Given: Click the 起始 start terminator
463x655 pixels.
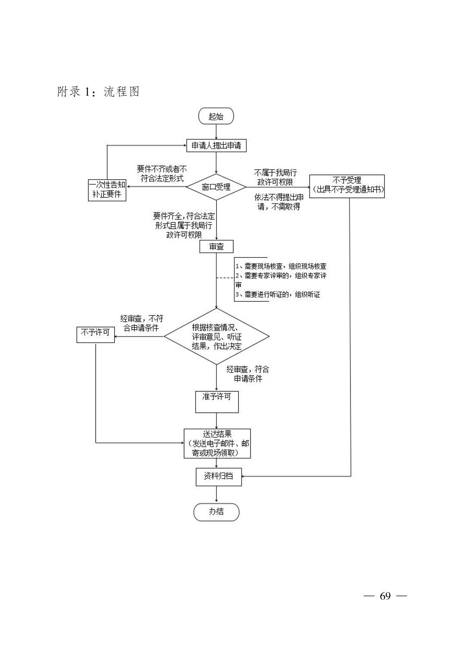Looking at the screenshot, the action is pyautogui.click(x=216, y=116).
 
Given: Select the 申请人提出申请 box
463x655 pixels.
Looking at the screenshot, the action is pyautogui.click(x=216, y=145).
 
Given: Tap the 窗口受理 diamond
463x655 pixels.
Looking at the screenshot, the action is pyautogui.click(x=216, y=187).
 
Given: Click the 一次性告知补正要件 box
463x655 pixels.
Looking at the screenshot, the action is pyautogui.click(x=107, y=190).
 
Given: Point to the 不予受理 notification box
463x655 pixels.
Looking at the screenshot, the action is pyautogui.click(x=347, y=186).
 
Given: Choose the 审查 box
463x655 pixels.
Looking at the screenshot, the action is pyautogui.click(x=216, y=246).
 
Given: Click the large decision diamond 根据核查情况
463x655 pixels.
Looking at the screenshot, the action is pyautogui.click(x=216, y=336).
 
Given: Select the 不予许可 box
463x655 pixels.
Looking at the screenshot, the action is pyautogui.click(x=95, y=334).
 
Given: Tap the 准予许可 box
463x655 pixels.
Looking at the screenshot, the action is pyautogui.click(x=217, y=402).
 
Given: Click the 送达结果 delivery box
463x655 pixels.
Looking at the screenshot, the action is pyautogui.click(x=217, y=443).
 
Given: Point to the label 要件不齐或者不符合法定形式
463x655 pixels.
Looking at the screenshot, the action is pyautogui.click(x=162, y=173).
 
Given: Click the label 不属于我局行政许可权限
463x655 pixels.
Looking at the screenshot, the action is pyautogui.click(x=275, y=177).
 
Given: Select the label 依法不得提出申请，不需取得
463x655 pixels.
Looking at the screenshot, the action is pyautogui.click(x=279, y=202).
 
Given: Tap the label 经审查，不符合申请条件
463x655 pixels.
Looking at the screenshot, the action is pyautogui.click(x=141, y=323).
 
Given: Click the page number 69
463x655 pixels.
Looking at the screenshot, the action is pyautogui.click(x=385, y=596).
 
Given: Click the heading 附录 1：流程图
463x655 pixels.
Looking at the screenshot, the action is pyautogui.click(x=98, y=91).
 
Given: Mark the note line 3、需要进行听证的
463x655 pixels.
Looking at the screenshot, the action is pyautogui.click(x=278, y=294).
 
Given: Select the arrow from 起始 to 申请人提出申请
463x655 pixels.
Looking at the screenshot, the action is pyautogui.click(x=216, y=131).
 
